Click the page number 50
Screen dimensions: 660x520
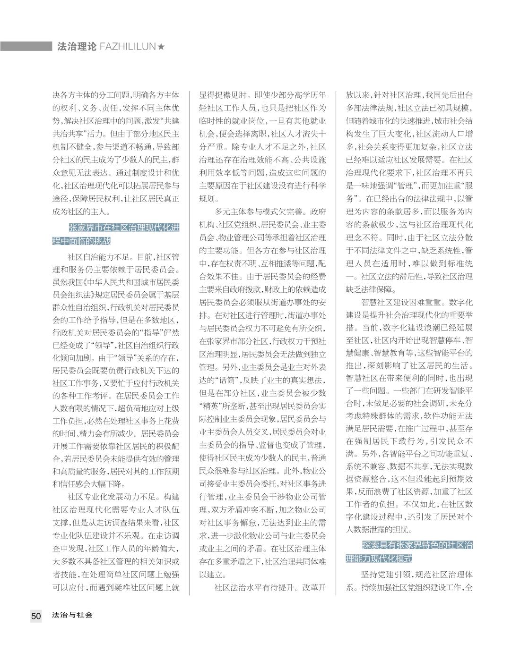point(36,616)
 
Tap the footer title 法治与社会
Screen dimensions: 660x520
point(73,615)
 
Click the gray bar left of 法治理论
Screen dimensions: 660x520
point(26,46)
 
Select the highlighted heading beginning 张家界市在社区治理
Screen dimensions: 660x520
point(116,234)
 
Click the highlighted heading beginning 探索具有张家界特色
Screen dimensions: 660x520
point(410,551)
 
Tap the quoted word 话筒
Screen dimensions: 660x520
point(229,381)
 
